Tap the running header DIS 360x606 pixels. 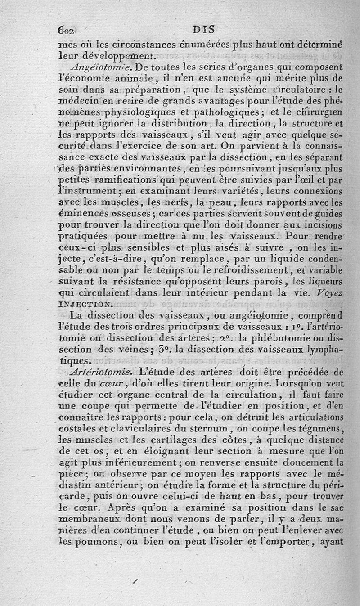(x=204, y=30)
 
